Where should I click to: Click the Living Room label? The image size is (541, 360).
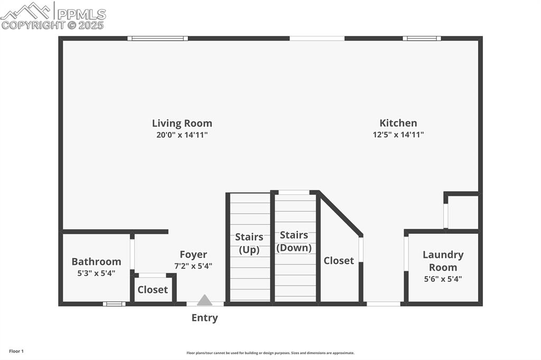(x=182, y=124)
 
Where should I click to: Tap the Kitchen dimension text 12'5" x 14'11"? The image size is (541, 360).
(x=398, y=135)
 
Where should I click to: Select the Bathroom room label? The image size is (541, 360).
(x=96, y=262)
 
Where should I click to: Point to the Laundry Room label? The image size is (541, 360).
(x=443, y=261)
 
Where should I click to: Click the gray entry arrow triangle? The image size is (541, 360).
(x=204, y=300)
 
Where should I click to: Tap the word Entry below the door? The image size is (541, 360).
(x=204, y=318)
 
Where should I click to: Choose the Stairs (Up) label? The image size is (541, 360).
(x=249, y=243)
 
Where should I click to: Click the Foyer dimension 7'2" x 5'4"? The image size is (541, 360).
(x=193, y=266)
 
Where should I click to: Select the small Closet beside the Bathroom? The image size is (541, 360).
(x=153, y=290)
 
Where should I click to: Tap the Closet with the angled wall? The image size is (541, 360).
(x=339, y=261)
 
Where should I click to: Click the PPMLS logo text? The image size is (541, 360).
(x=81, y=14)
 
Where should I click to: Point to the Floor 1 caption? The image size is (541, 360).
(x=16, y=351)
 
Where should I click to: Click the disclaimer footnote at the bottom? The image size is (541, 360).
(x=270, y=353)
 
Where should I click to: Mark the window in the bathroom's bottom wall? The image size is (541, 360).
(x=114, y=304)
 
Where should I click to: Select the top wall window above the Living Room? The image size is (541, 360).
(x=157, y=38)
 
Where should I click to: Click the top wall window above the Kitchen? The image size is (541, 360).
(x=422, y=38)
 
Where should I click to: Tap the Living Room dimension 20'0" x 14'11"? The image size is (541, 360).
(x=182, y=135)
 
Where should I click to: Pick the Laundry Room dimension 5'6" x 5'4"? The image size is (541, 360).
(x=443, y=279)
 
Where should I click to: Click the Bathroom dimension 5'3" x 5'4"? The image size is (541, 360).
(x=96, y=273)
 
